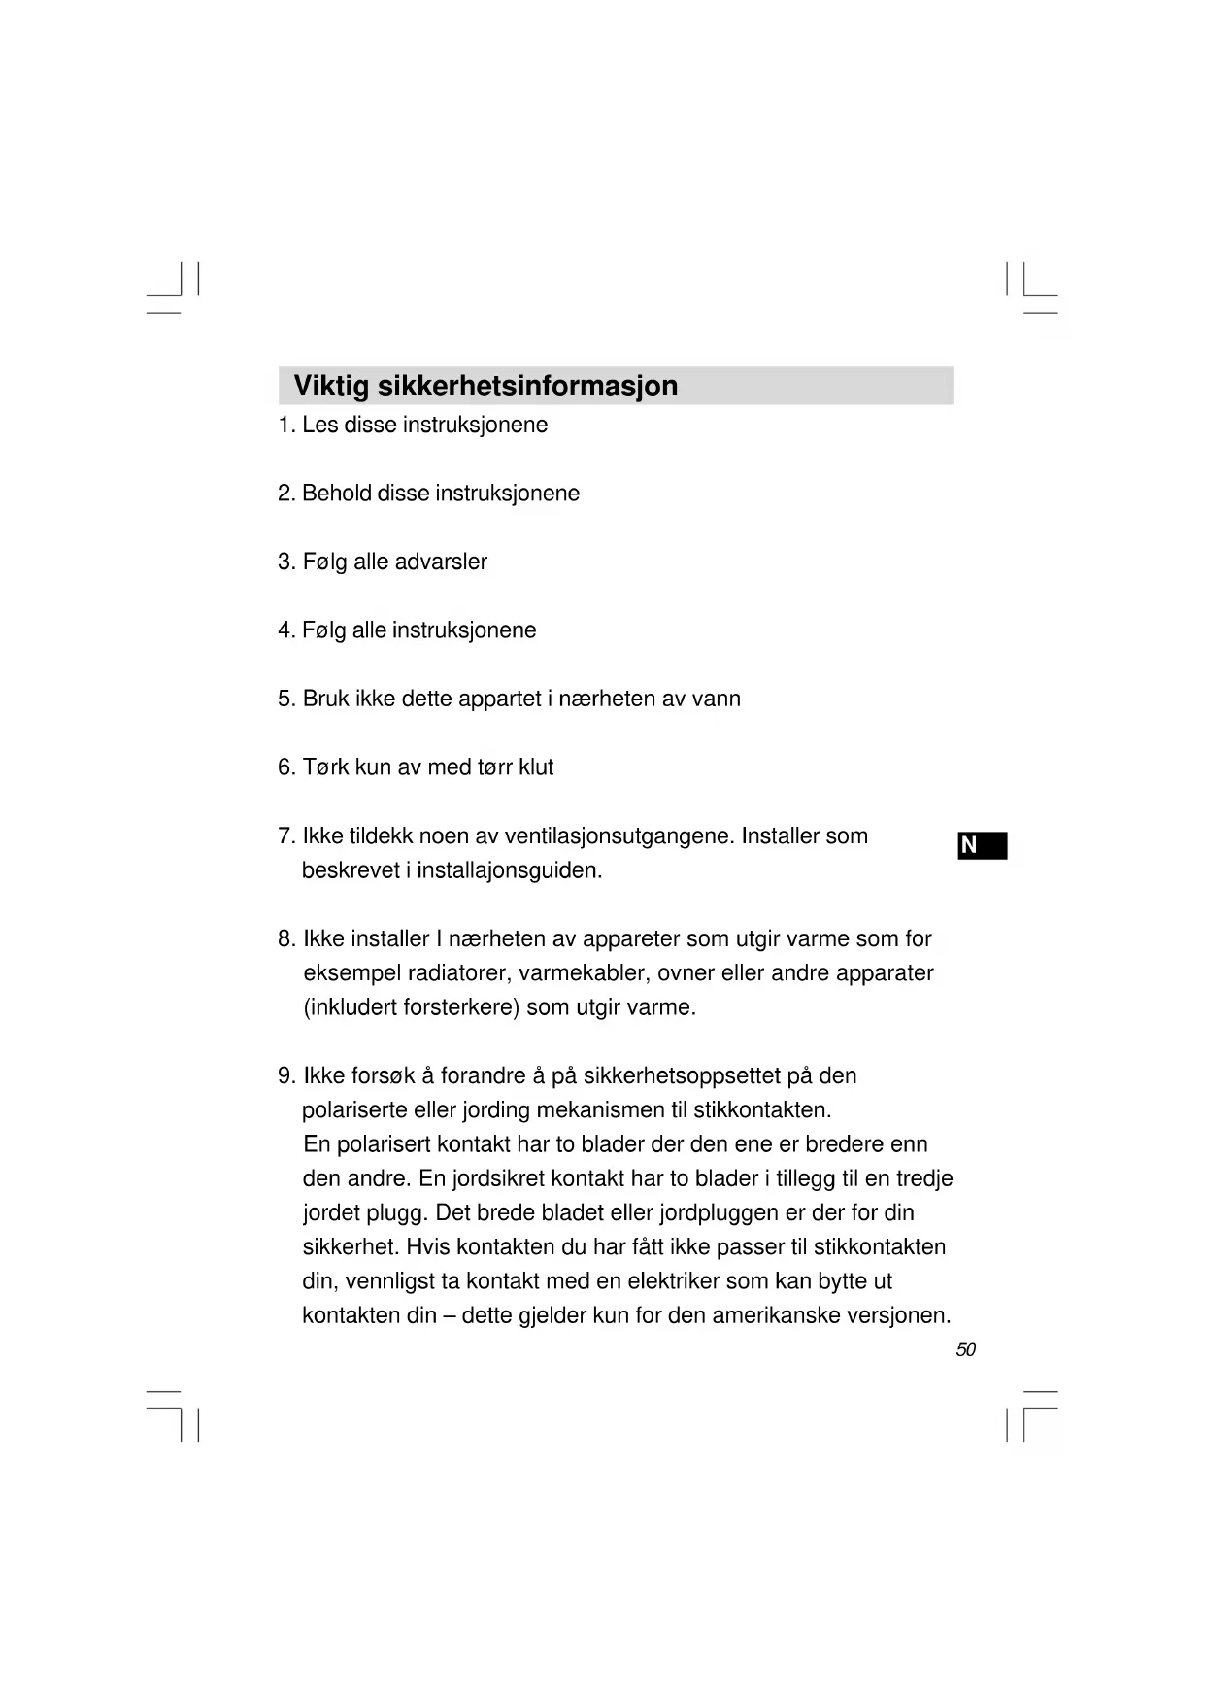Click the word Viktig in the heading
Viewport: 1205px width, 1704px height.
click(331, 387)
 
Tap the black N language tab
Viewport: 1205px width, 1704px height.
click(982, 846)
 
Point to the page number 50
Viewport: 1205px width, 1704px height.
click(965, 1349)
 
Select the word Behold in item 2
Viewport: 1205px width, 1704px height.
click(336, 494)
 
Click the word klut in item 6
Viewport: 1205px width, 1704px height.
click(536, 767)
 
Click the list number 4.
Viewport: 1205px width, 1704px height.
click(285, 630)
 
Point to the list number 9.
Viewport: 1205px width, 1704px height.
click(285, 1076)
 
